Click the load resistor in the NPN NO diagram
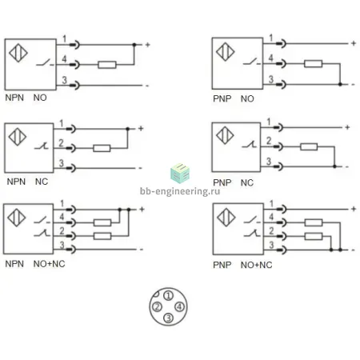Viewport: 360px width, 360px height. coord(107,65)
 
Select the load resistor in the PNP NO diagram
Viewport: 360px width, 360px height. coord(314,64)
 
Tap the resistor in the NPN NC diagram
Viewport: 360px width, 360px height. coord(102,148)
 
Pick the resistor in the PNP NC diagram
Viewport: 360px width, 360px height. coord(309,146)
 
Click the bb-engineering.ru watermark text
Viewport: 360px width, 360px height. coord(180,191)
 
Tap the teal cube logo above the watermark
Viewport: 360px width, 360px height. coord(180,173)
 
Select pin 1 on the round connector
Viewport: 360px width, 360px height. coord(168,295)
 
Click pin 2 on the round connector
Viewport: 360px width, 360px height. coord(157,307)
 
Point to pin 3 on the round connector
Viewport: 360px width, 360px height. coord(168,318)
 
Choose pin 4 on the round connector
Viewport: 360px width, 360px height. coord(179,306)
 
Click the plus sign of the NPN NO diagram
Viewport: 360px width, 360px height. coord(147,45)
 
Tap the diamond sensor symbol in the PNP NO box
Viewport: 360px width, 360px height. coord(226,52)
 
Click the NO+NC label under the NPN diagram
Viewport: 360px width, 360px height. coord(49,264)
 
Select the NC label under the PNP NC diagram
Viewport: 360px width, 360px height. coord(247,183)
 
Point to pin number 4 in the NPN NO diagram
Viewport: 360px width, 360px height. coord(64,58)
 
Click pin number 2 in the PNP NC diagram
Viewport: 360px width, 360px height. coord(269,140)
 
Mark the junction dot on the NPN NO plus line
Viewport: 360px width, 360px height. coord(134,45)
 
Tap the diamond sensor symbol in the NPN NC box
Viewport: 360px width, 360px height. coord(18,137)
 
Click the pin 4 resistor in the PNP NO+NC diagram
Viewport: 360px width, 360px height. coord(314,222)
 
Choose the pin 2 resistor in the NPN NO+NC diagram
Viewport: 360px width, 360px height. coord(102,236)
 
